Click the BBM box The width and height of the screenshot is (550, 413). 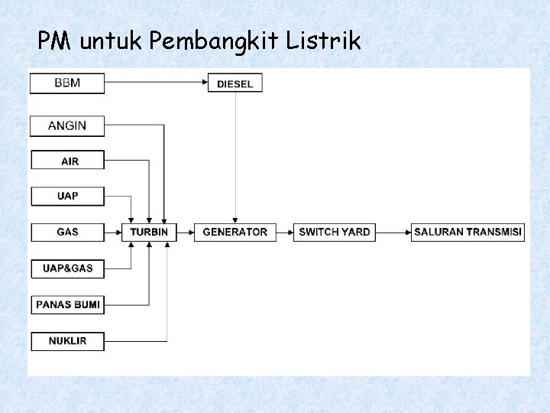pos(66,83)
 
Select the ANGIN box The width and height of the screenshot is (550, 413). pos(66,125)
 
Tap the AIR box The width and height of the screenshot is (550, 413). pos(66,161)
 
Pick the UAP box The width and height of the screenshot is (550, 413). pos(66,196)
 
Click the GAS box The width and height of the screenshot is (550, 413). pos(66,232)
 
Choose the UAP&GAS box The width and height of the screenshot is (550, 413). pos(66,268)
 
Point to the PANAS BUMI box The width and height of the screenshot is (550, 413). pos(66,304)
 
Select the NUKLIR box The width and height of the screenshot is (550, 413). pos(66,340)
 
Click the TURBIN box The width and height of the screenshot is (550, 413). pos(149,232)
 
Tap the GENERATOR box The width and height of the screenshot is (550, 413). pos(235,232)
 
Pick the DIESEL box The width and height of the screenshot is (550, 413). pos(235,83)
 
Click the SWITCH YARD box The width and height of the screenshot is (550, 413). pos(334,232)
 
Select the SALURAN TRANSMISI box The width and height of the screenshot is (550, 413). pos(467,232)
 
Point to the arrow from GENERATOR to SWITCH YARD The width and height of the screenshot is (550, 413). pos(283,232)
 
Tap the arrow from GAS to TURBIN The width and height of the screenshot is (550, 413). pos(113,232)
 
